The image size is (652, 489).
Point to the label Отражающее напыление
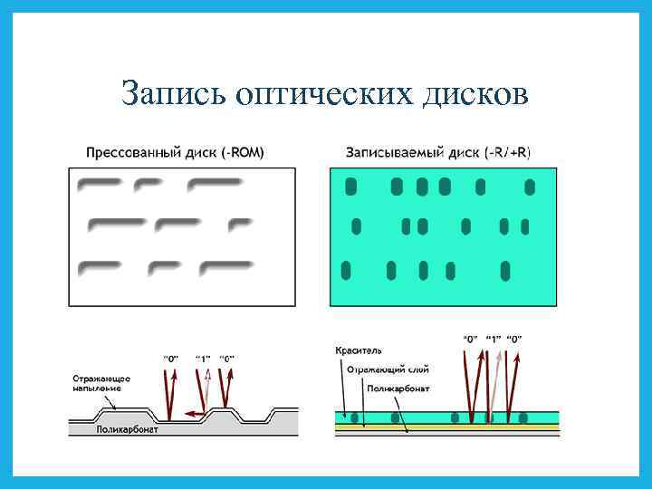coord(102,382)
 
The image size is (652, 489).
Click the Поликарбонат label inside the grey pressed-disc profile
coord(128,430)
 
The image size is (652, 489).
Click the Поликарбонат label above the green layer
coord(399,388)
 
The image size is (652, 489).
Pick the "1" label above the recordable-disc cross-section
coord(494,339)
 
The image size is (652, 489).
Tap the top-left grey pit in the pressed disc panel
coord(100,186)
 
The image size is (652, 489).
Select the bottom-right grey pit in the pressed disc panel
coord(225,267)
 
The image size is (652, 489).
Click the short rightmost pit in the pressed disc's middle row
coord(239,223)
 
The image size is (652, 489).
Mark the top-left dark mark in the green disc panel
coord(351,187)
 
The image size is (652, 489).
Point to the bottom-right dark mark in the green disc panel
coord(506,270)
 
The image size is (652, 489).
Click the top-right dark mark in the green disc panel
coord(530,187)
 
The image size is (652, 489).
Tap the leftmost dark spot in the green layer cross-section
coord(355,417)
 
